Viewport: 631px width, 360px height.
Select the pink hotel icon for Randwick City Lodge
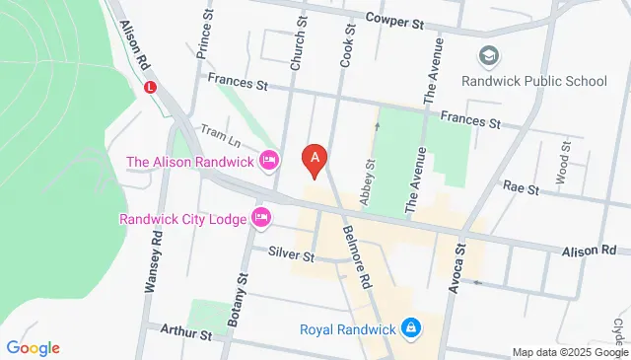pyautogui.click(x=261, y=217)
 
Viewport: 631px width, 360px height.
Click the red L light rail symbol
pyautogui.click(x=151, y=87)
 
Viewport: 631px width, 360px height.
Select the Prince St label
pyautogui.click(x=206, y=35)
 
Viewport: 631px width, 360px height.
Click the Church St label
pyautogui.click(x=297, y=43)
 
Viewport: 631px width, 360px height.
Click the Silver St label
pyautogui.click(x=291, y=254)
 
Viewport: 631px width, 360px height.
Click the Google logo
pyautogui.click(x=33, y=347)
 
